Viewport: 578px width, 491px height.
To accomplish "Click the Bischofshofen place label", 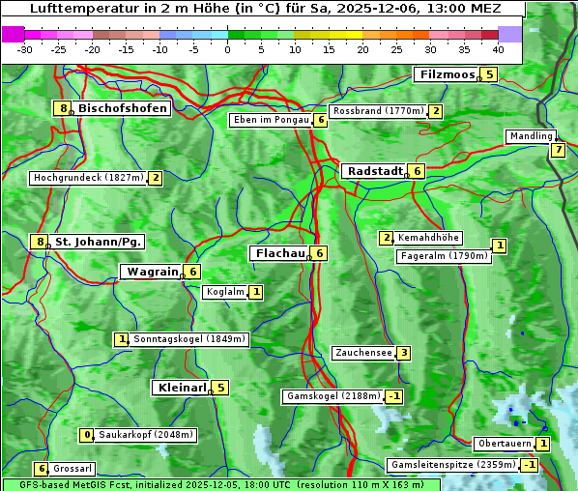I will (123, 108).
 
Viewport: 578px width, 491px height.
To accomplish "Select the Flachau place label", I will (278, 253).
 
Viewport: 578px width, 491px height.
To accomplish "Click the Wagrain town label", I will (153, 273).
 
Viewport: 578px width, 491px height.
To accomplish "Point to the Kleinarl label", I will (181, 388).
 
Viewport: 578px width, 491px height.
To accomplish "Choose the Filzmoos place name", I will (447, 74).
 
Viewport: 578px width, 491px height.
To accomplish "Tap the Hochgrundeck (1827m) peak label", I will (88, 178).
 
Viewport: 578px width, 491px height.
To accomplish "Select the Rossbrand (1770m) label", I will (378, 111).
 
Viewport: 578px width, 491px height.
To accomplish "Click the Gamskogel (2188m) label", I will (332, 396).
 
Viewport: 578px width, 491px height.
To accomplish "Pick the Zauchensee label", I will (362, 353).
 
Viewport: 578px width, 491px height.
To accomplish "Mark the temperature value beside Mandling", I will (558, 150).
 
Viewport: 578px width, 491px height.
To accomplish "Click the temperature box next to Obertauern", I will (544, 444).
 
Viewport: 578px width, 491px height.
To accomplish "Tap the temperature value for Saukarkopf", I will (87, 435).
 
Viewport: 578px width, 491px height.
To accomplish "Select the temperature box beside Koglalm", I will (255, 292).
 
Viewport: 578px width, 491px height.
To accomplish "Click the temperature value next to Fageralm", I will (499, 245).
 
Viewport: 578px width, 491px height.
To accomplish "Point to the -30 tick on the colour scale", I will (25, 49).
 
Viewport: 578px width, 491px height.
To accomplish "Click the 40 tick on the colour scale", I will (498, 49).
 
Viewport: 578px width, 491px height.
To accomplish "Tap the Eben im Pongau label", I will (270, 120).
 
